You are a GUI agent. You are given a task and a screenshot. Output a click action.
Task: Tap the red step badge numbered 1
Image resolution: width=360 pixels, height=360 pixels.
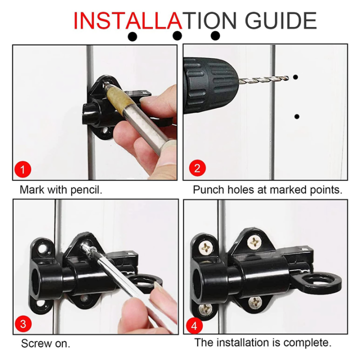[x=22, y=169]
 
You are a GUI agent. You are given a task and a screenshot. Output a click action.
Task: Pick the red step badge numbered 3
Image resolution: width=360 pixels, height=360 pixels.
[x=22, y=323]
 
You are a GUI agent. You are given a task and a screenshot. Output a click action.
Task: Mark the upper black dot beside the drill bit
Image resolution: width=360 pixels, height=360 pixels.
[x=296, y=77]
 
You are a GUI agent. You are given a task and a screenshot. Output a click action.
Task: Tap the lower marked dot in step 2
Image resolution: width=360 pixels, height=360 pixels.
[x=297, y=116]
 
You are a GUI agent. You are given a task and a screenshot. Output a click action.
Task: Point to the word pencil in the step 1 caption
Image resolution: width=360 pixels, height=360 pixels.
[x=88, y=190]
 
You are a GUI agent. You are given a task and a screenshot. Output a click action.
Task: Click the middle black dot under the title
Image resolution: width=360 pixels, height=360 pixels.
[x=177, y=35]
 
